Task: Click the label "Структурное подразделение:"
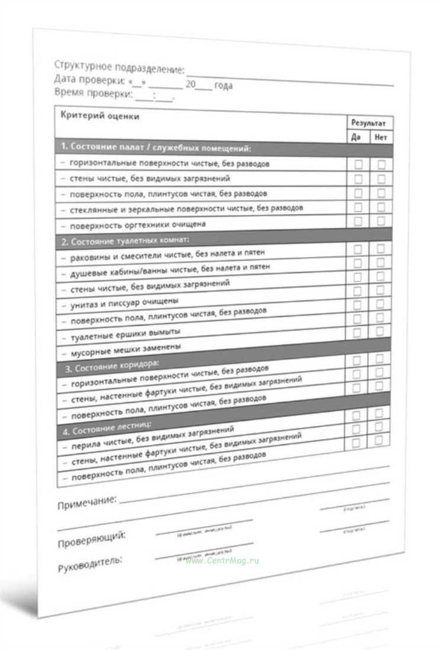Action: pos(119,67)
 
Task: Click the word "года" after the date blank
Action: pos(223,86)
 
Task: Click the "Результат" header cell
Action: pos(369,123)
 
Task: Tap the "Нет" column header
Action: pos(381,138)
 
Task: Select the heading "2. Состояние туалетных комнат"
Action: pos(126,241)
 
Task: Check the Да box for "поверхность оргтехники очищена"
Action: pos(358,221)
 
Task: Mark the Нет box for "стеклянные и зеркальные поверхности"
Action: pos(381,207)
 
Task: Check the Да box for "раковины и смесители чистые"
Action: pos(358,250)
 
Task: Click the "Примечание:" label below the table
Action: pos(86,503)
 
